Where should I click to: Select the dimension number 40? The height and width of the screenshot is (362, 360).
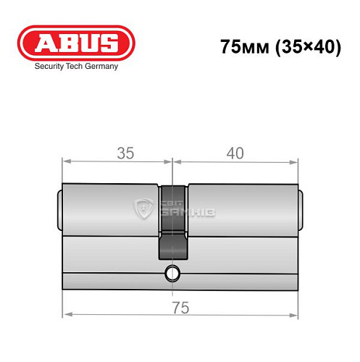tap(234, 153)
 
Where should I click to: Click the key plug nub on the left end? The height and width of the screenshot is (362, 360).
tap(58, 209)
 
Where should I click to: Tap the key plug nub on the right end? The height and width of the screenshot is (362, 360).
tap(300, 209)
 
